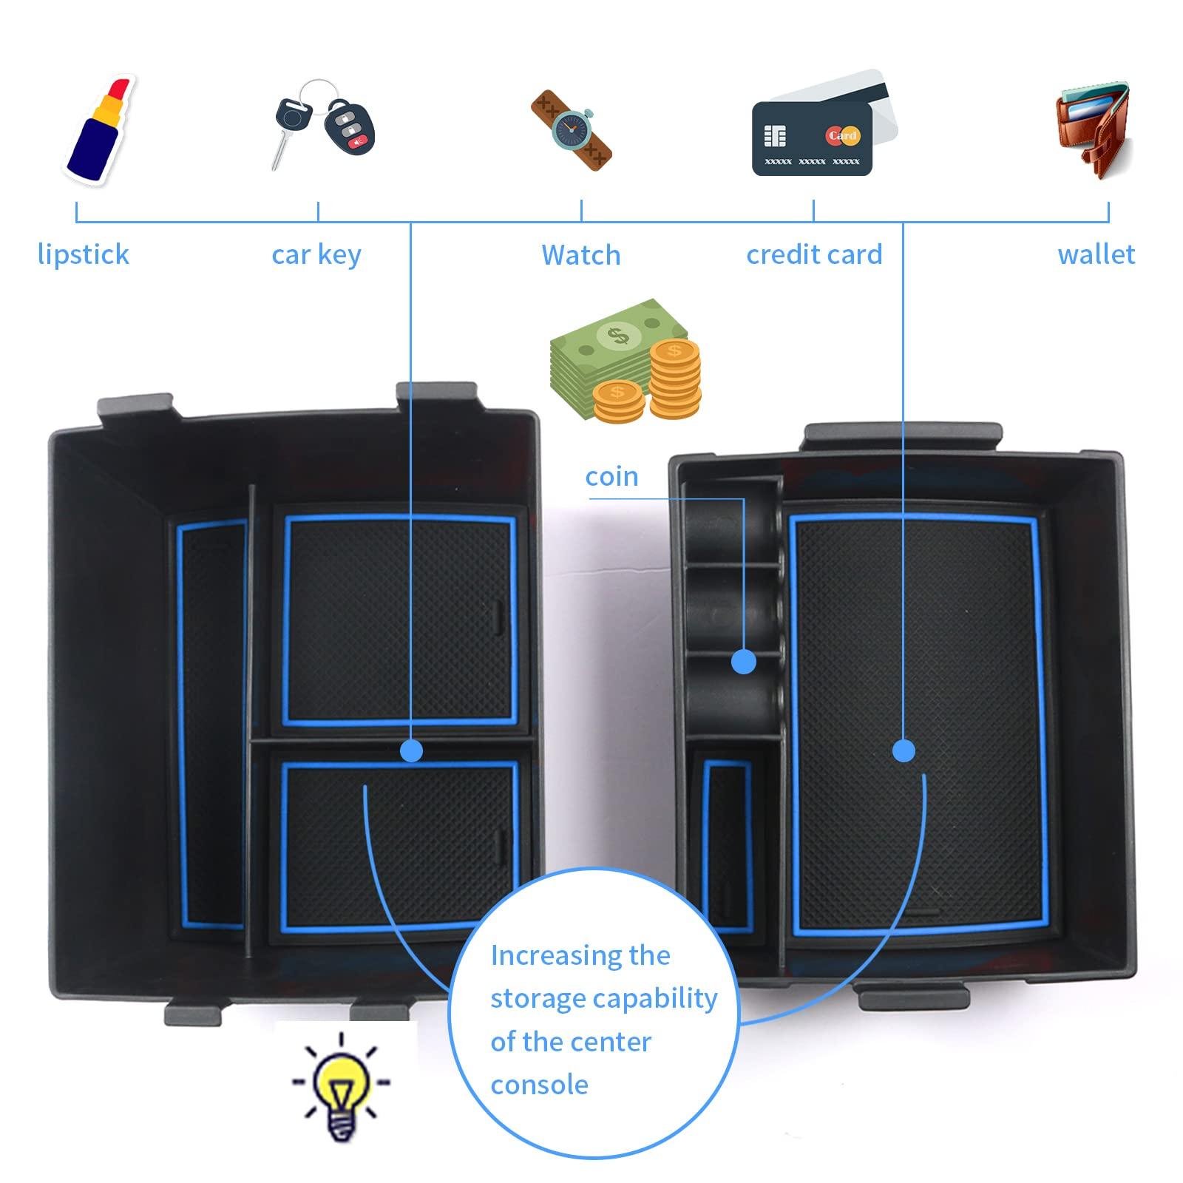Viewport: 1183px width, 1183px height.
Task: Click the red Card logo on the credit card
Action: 842,135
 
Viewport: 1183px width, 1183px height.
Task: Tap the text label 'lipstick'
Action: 84,255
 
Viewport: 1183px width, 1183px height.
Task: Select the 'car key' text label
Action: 316,255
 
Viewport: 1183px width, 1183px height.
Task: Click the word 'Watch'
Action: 581,255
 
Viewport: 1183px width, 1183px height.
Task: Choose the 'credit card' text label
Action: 814,255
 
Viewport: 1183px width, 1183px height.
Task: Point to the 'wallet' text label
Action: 1096,255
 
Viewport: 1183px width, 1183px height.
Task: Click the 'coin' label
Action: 611,477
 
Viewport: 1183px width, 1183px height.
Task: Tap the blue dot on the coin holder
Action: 744,661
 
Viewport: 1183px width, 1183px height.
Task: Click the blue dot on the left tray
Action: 411,751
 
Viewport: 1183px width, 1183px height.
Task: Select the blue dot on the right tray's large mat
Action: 904,751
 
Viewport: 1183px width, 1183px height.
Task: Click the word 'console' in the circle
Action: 540,1085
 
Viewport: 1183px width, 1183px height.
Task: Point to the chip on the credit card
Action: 775,137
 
